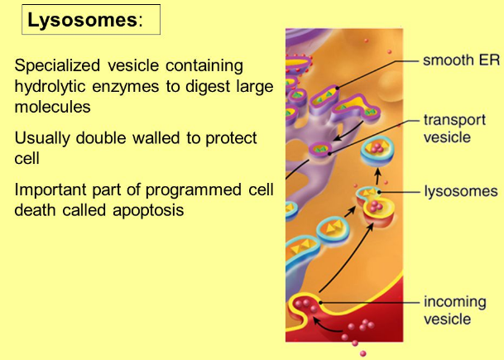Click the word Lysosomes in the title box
click(x=83, y=20)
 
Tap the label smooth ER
click(x=461, y=60)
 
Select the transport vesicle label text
click(x=454, y=128)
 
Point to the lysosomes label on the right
click(x=461, y=191)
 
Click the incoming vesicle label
click(x=455, y=310)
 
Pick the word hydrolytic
click(x=50, y=86)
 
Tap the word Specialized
click(x=57, y=66)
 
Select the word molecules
click(x=52, y=107)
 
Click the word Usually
click(x=42, y=138)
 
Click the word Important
click(x=50, y=190)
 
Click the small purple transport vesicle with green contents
click(x=320, y=149)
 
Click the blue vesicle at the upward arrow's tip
click(x=377, y=152)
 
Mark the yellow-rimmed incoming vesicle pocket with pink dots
click(x=304, y=310)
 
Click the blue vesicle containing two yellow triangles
click(x=333, y=229)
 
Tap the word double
click(x=101, y=138)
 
